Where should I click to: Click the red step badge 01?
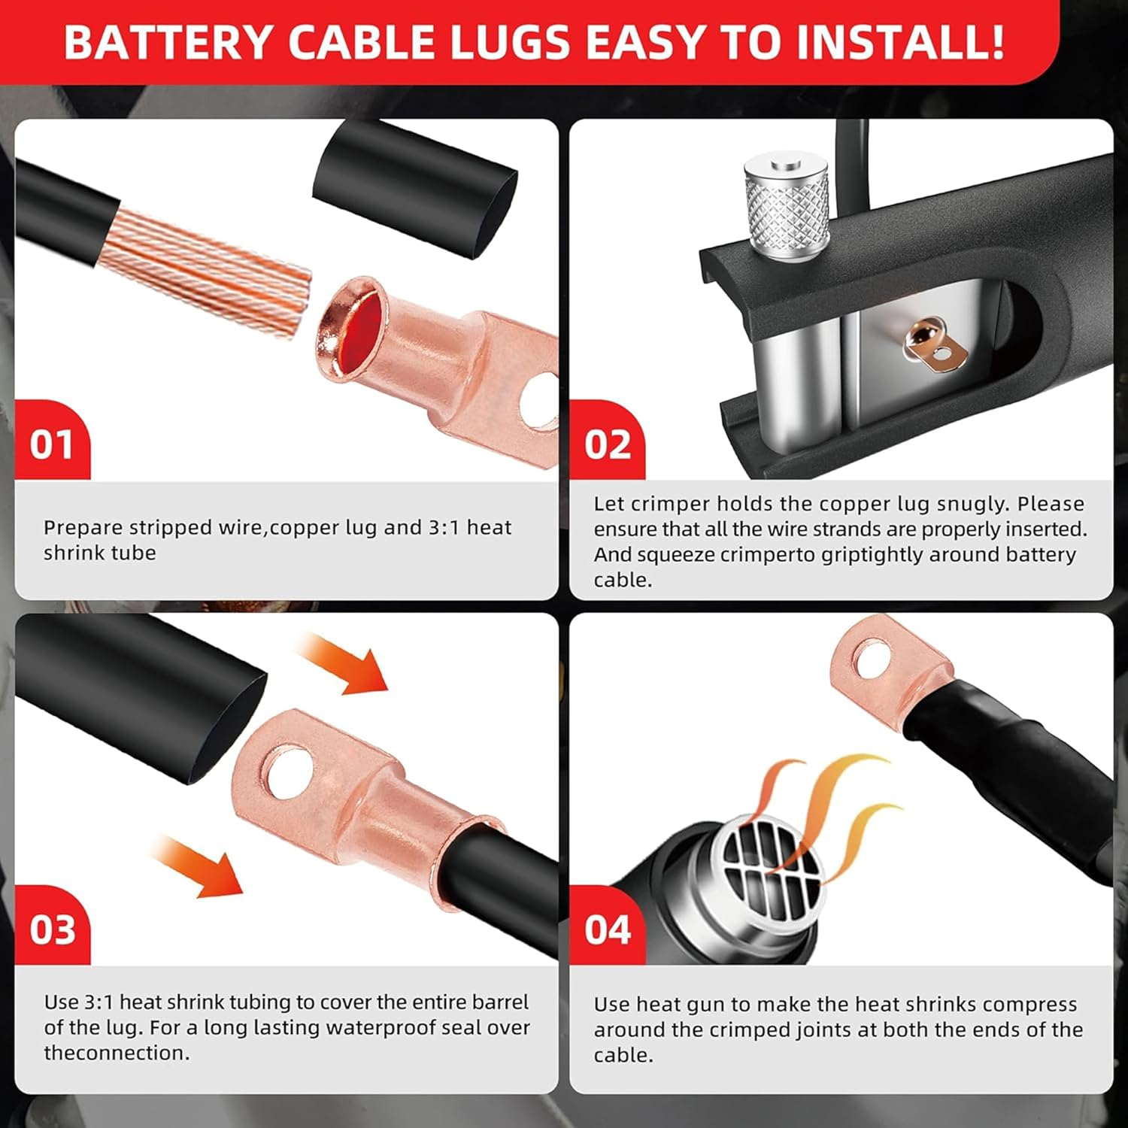click(x=52, y=444)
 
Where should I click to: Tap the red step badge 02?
click(x=608, y=444)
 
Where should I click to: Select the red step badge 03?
click(x=52, y=930)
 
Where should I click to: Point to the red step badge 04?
click(x=608, y=930)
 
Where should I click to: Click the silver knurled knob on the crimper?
click(x=787, y=207)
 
